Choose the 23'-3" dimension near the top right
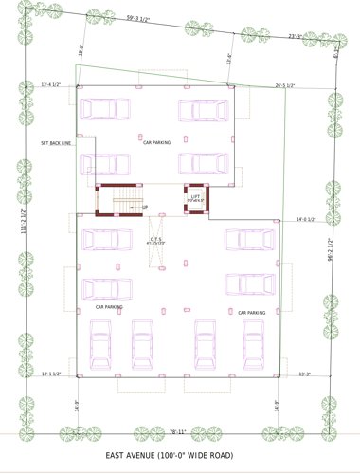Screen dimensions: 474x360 pos(296,37)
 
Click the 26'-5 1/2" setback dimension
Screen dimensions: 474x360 pos(285,85)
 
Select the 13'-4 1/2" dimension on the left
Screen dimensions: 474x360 pos(51,85)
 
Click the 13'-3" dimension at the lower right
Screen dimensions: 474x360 pos(305,374)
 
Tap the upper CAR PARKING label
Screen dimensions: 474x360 pos(156,142)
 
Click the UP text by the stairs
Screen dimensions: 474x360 pos(145,208)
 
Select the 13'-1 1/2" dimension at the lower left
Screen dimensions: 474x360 pos(51,374)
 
